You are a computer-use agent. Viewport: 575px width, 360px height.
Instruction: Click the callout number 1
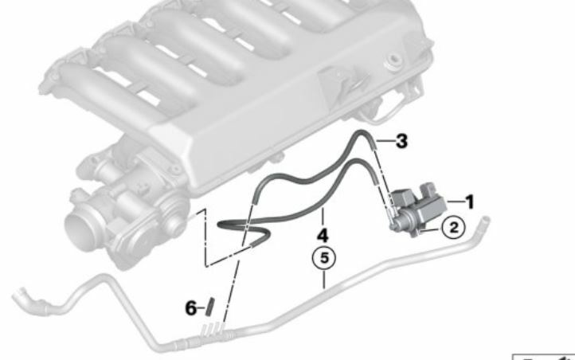coord(469,202)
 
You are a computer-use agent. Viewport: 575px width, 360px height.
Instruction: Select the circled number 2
coord(454,228)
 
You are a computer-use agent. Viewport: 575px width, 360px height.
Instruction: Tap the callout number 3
coord(401,141)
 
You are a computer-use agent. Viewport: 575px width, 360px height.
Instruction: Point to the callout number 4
coord(323,236)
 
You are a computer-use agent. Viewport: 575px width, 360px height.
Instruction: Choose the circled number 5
coord(324,258)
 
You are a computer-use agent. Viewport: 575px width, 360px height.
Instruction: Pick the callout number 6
coord(190,308)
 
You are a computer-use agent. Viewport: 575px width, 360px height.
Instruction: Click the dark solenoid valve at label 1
coord(417,209)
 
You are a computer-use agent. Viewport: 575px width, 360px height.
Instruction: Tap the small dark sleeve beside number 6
coord(210,307)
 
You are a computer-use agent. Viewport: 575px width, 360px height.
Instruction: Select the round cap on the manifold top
coord(392,62)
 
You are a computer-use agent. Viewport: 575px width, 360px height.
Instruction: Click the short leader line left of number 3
coord(385,141)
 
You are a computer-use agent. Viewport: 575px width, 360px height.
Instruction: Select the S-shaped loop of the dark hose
coord(244,232)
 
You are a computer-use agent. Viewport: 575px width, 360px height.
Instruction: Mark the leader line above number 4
coord(323,217)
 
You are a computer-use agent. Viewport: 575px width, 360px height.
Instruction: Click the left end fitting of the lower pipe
coord(28,300)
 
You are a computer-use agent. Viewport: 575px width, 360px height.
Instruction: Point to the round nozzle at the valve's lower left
coord(393,227)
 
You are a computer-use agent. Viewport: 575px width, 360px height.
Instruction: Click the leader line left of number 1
coord(456,202)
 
